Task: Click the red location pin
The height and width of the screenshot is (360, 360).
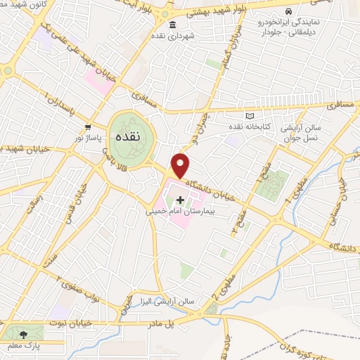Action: (181, 165)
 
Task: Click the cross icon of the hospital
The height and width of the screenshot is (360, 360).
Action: (180, 200)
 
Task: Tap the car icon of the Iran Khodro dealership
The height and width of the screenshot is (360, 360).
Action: (289, 11)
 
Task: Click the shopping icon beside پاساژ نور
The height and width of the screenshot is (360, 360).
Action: (87, 127)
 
